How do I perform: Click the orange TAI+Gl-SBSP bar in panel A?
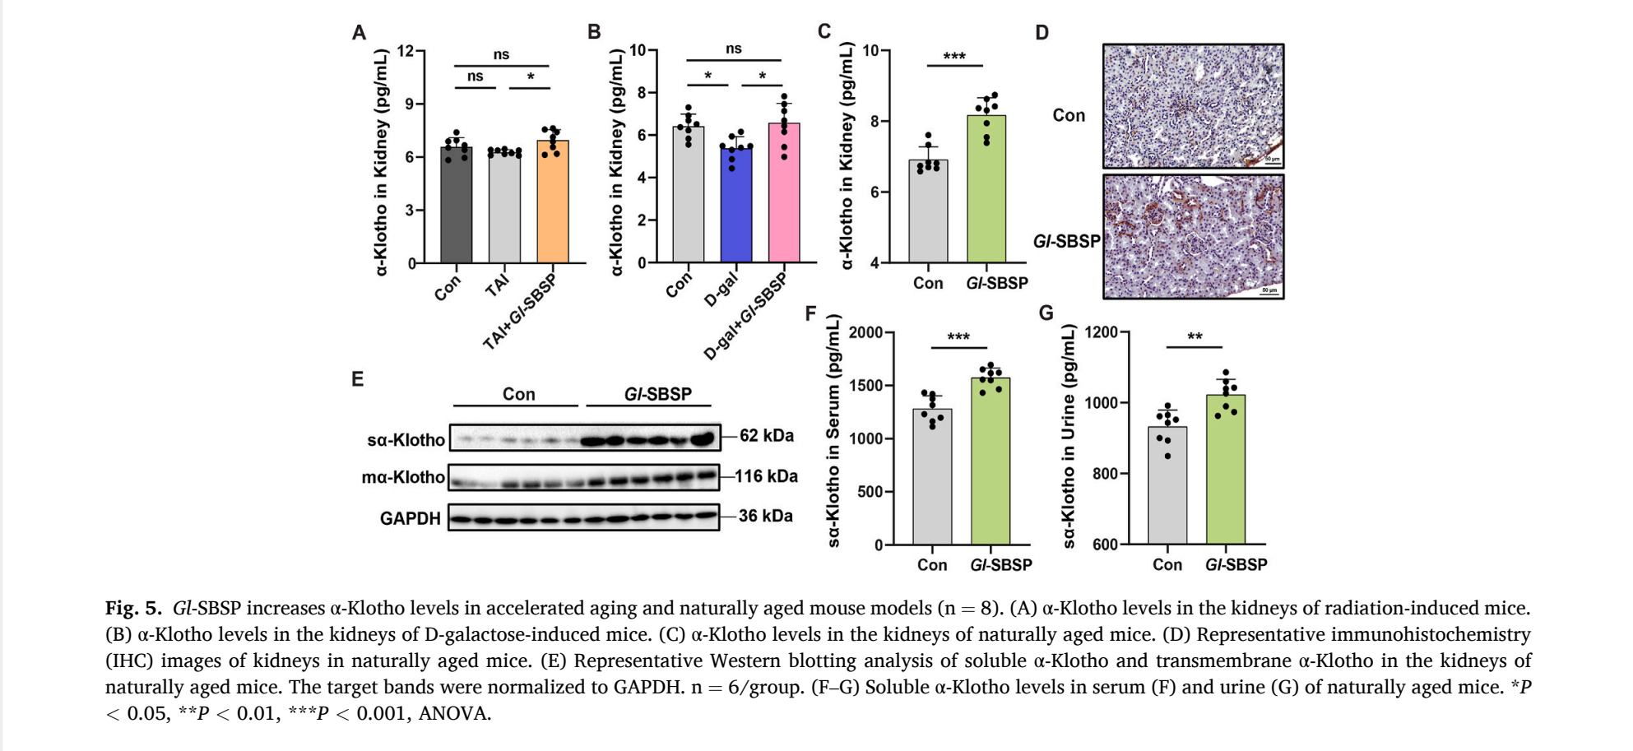(x=553, y=206)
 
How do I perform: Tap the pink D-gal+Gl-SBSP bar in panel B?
(x=784, y=197)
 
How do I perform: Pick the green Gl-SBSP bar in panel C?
(x=986, y=192)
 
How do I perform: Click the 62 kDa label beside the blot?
(x=767, y=436)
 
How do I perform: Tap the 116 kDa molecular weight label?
(x=766, y=476)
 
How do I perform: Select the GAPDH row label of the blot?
(x=410, y=519)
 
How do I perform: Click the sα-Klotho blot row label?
(x=406, y=440)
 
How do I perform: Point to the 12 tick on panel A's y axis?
(x=406, y=51)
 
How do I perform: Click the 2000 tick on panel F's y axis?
(x=865, y=332)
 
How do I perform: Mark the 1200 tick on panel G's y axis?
(x=1102, y=332)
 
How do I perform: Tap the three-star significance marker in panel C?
(x=954, y=57)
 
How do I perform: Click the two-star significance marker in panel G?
(x=1195, y=337)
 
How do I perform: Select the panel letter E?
(x=357, y=379)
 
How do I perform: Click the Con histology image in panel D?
(x=1193, y=106)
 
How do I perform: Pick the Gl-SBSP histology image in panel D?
(x=1193, y=237)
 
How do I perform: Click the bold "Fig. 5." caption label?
(x=133, y=609)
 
